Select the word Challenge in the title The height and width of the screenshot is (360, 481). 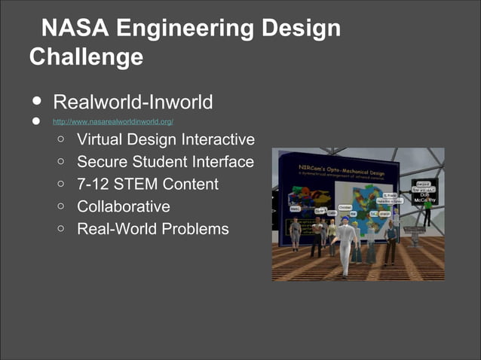tap(86, 56)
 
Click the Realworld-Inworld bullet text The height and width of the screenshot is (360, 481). tap(133, 102)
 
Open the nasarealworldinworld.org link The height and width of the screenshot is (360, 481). tap(113, 121)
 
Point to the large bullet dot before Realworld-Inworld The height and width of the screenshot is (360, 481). tap(36, 102)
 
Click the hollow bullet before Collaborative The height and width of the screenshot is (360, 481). tap(61, 206)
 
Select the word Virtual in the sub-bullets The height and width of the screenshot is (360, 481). tap(99, 140)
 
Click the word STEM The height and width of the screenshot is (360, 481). tap(140, 184)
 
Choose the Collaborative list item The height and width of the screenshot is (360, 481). tap(124, 206)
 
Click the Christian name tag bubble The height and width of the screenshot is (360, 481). tap(345, 207)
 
